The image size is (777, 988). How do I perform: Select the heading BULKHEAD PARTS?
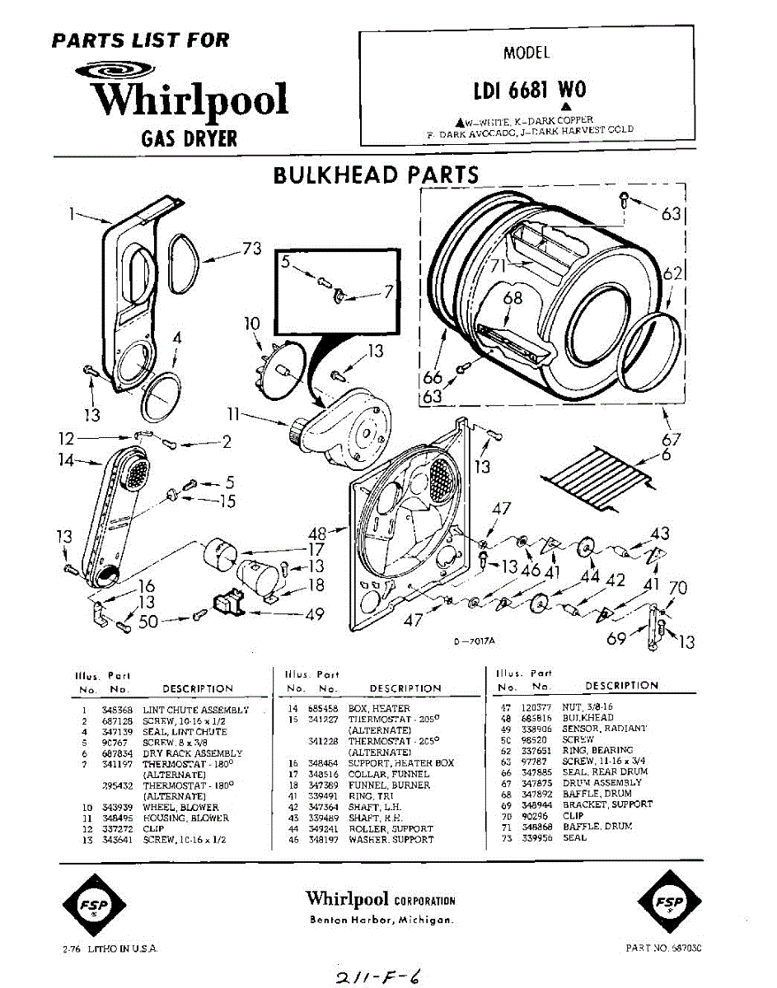[375, 175]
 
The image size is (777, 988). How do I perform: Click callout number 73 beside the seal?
[252, 249]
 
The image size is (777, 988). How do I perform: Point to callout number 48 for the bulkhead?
[316, 534]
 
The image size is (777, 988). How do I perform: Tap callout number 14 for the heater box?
[66, 461]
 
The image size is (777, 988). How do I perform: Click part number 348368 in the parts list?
[117, 709]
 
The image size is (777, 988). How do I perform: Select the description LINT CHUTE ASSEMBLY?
[196, 709]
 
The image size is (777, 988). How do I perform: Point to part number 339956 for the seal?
[537, 837]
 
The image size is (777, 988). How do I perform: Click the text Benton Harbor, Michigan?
[381, 920]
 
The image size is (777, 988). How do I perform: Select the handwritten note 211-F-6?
[383, 977]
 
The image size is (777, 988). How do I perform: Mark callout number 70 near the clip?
[677, 588]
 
